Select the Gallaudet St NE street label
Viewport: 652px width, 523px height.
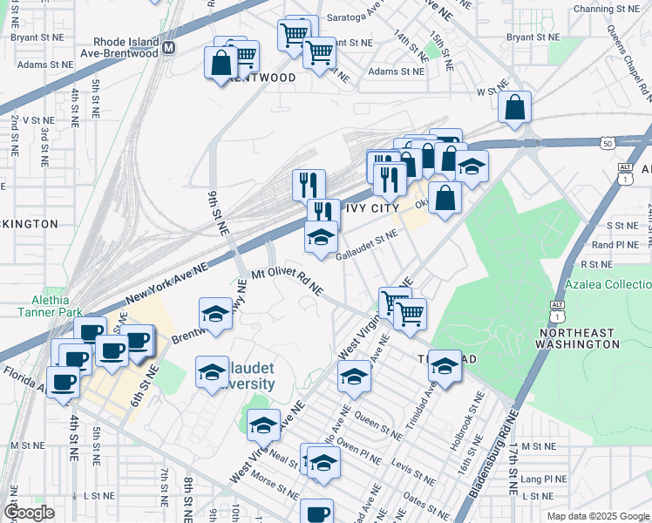point(367,243)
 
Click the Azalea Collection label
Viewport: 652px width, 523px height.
point(608,285)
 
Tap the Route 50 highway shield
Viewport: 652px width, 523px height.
point(606,141)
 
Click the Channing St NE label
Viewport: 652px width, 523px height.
point(605,9)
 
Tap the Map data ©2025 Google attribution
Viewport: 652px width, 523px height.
point(597,516)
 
